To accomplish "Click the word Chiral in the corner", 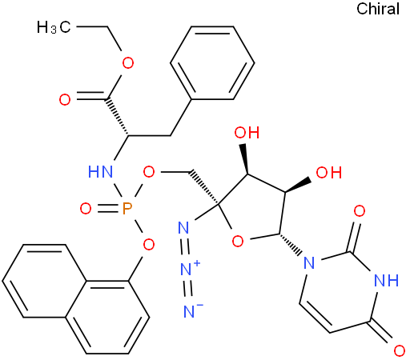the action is (378, 9).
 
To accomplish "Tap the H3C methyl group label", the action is (54, 27).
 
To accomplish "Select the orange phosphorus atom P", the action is (127, 208).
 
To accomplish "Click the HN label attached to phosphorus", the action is (100, 171).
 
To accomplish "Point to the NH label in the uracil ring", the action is (386, 280).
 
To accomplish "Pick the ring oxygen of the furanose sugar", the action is (238, 242).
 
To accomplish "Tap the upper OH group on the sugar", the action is (247, 133).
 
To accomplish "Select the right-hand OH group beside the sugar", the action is (328, 172).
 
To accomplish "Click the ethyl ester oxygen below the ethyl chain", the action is (128, 63).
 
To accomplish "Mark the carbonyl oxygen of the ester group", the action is (65, 100).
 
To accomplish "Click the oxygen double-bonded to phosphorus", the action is (86, 208).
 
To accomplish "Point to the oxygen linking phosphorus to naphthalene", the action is (149, 244).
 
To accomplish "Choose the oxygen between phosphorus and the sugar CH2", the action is (149, 172).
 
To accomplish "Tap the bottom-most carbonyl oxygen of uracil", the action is (400, 351).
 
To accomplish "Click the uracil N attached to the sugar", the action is (309, 262).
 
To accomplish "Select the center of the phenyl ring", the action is (212, 63).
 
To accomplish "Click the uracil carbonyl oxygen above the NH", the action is (360, 211).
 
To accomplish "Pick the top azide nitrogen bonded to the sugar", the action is (183, 227).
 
